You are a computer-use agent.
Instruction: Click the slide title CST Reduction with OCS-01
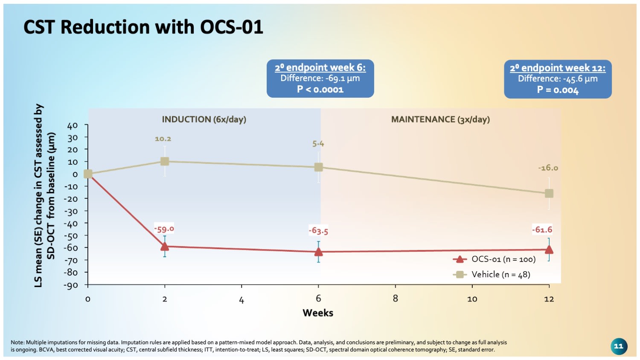(x=143, y=27)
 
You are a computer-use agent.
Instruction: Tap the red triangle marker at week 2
(x=165, y=246)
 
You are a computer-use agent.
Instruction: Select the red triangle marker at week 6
(x=318, y=252)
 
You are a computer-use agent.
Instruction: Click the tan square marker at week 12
(x=549, y=194)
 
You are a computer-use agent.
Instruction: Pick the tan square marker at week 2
(x=165, y=161)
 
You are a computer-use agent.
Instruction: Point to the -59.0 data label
(x=164, y=229)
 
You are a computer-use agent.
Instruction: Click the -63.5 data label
(x=318, y=231)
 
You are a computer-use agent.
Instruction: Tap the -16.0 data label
(x=548, y=168)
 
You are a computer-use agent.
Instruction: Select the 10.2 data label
(x=163, y=139)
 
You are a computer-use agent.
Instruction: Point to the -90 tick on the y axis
(x=71, y=285)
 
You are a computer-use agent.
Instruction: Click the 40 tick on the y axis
(x=73, y=125)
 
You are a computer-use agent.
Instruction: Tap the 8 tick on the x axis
(x=396, y=299)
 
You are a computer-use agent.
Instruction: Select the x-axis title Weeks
(x=318, y=313)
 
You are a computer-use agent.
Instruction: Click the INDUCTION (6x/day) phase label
(x=204, y=119)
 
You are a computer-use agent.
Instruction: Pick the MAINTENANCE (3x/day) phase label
(x=440, y=119)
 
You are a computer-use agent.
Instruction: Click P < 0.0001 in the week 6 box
(x=320, y=90)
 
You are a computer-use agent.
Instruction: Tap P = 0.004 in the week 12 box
(x=558, y=90)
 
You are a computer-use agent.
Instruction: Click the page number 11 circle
(x=619, y=346)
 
